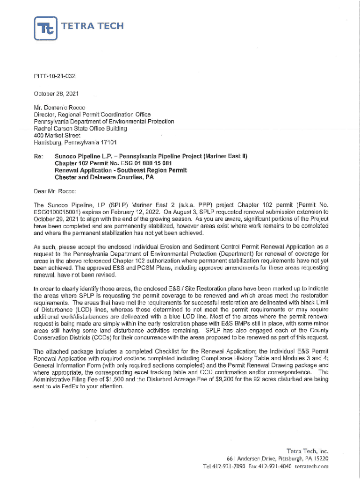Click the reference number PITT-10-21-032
click(x=55, y=75)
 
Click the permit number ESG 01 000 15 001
click(x=144, y=163)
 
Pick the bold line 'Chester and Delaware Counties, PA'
click(x=104, y=177)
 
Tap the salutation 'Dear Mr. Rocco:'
click(x=58, y=191)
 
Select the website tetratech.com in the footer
click(x=311, y=466)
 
